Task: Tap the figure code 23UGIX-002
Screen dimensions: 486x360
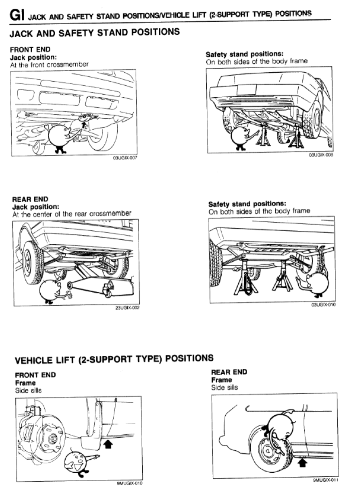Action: point(127,308)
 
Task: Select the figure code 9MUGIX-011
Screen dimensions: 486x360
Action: point(325,480)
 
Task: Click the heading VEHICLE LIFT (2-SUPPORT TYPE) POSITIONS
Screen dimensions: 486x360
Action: point(114,359)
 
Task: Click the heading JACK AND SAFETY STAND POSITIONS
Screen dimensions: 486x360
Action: point(95,33)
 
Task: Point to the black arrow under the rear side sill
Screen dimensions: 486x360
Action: point(302,462)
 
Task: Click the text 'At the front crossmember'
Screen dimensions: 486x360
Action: point(49,65)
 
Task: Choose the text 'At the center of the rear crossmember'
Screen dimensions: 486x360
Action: point(72,214)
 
